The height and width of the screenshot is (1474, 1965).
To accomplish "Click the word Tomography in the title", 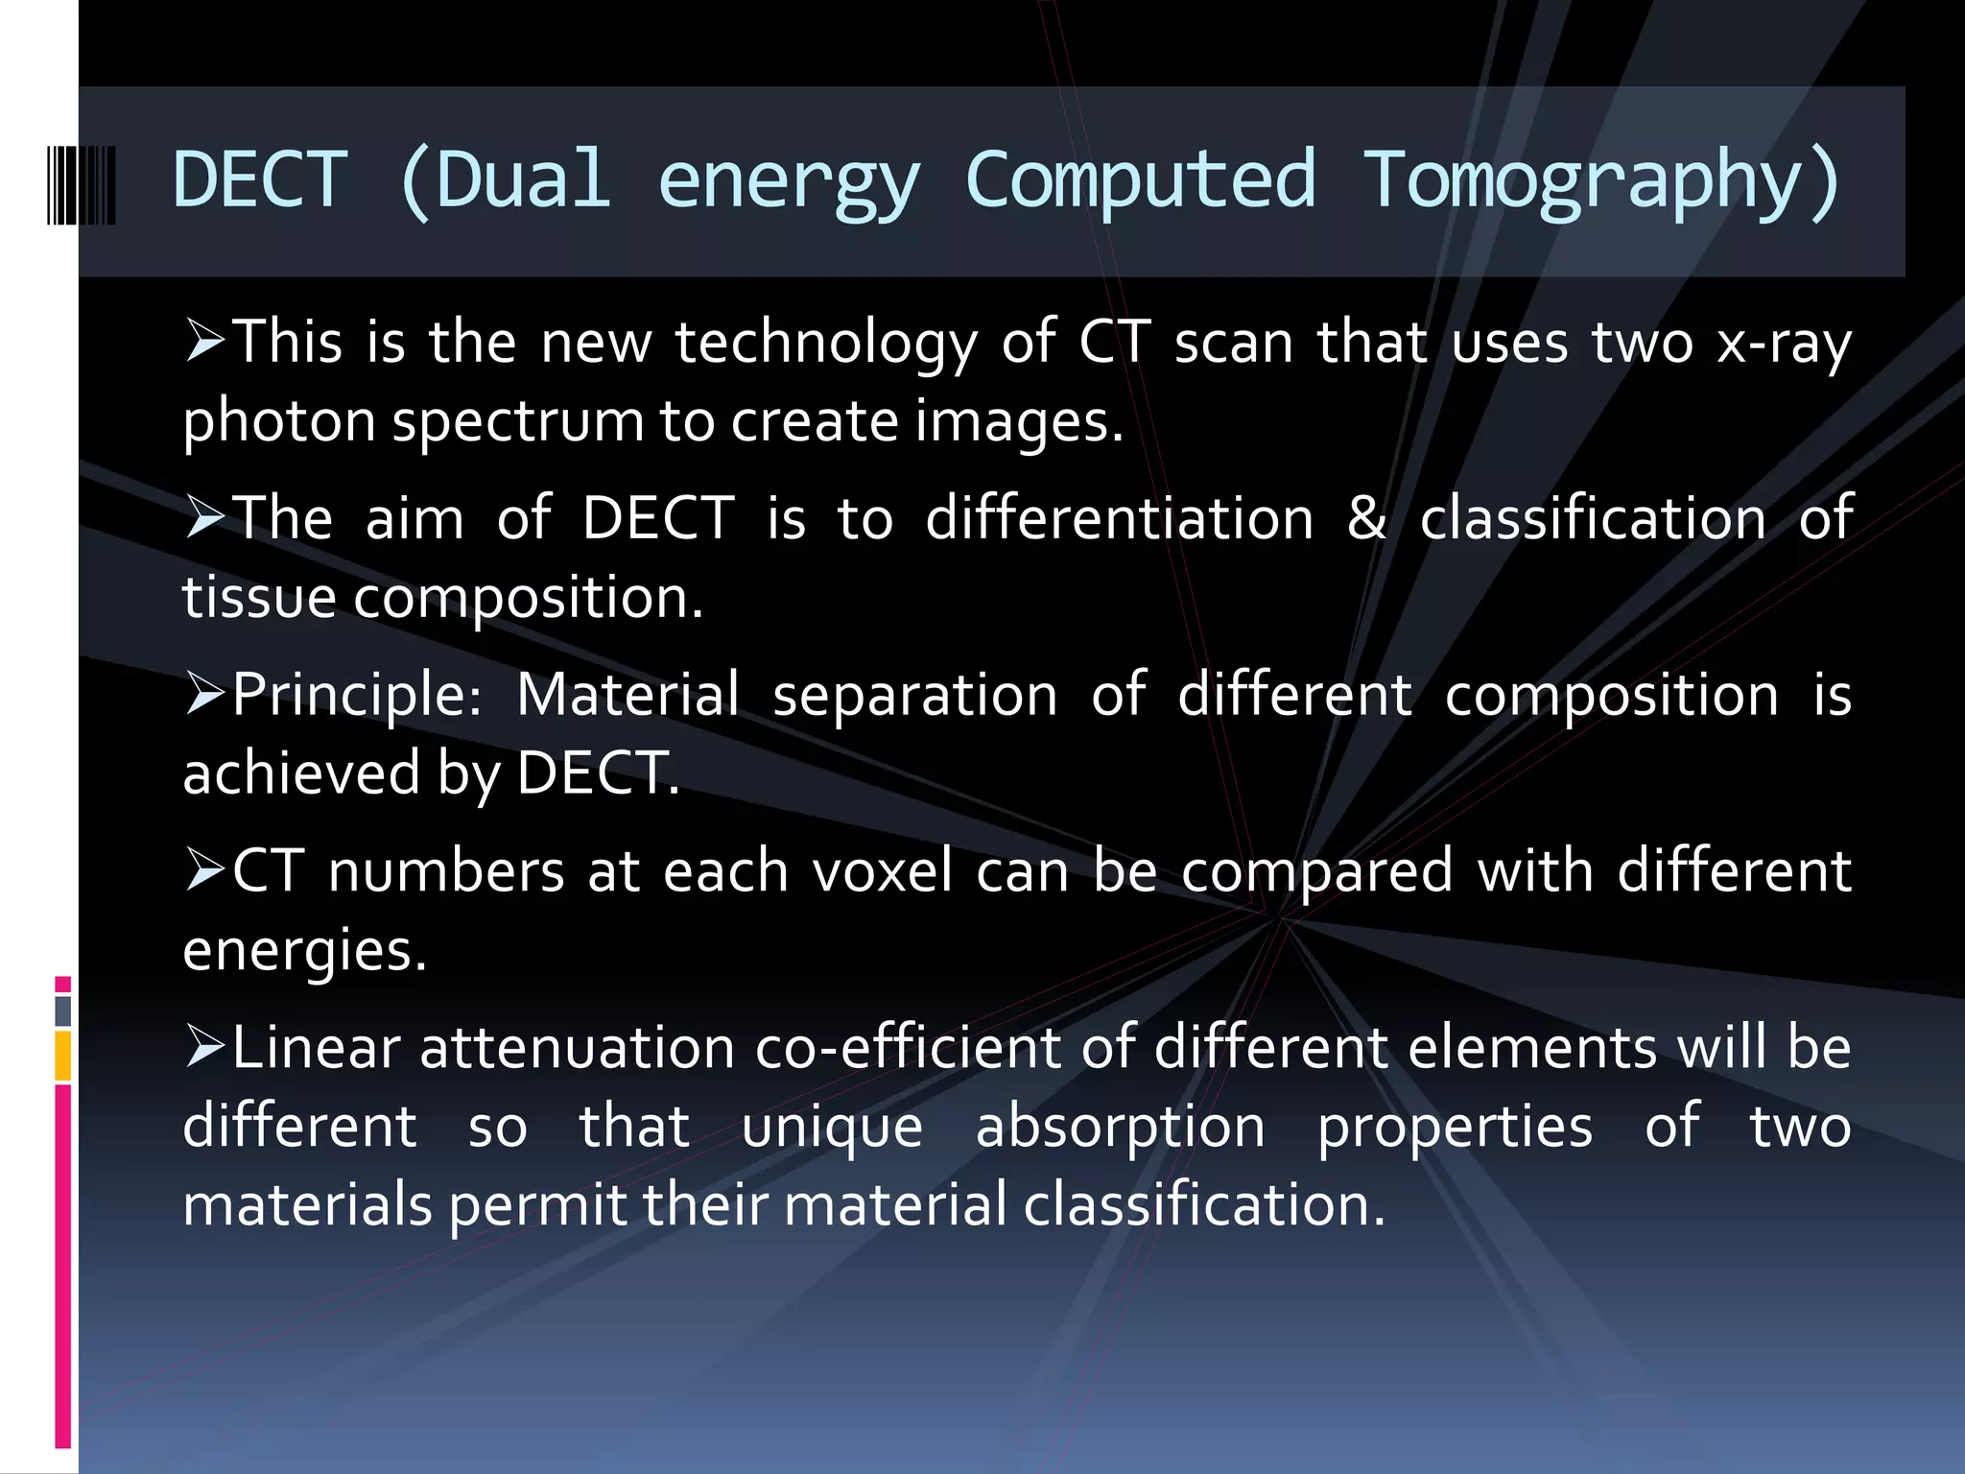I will pos(1601,180).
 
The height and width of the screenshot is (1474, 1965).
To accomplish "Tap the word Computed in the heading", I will pos(1140,180).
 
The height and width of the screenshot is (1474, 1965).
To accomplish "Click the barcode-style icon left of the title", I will pos(82,185).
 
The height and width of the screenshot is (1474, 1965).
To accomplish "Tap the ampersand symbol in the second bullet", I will pos(1366,518).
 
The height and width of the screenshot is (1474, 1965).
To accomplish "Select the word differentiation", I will pos(1119,518).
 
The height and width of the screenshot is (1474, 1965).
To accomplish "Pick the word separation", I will pos(914,695).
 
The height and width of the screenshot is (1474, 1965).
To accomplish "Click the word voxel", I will pos(882,871).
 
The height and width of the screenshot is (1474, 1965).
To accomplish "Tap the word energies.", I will pos(304,950).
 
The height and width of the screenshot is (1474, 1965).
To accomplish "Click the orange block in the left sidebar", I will pos(63,1056).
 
